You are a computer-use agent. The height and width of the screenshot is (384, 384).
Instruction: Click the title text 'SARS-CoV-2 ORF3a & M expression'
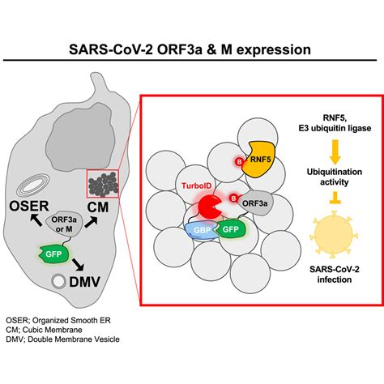[x=192, y=49]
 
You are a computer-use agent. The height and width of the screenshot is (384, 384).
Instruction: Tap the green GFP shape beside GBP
[x=229, y=230]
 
